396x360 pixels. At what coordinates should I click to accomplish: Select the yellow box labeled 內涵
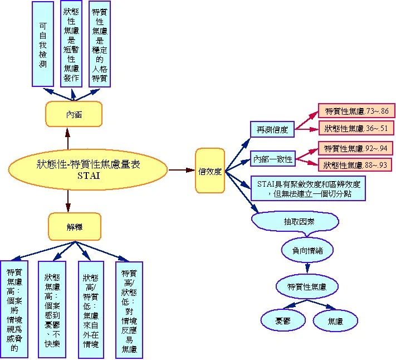pyautogui.click(x=74, y=115)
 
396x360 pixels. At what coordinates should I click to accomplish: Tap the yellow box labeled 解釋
pyautogui.click(x=75, y=227)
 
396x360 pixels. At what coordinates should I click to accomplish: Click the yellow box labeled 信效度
pyautogui.click(x=210, y=171)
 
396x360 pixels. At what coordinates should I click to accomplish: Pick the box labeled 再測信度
pyautogui.click(x=272, y=130)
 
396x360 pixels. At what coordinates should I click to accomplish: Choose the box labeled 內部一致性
pyautogui.click(x=272, y=159)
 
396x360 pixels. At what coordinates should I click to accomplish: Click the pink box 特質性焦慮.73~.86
pyautogui.click(x=356, y=111)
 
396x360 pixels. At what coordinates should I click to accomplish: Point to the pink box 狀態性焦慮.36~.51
pyautogui.click(x=356, y=129)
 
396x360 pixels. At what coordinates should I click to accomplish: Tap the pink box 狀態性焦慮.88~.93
pyautogui.click(x=356, y=164)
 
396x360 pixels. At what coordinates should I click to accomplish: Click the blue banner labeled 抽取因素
pyautogui.click(x=295, y=221)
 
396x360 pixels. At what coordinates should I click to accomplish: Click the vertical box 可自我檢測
pyautogui.click(x=43, y=45)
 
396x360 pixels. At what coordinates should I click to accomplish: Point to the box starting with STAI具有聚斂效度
pyautogui.click(x=308, y=188)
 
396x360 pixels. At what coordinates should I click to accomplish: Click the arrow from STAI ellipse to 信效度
pyautogui.click(x=181, y=169)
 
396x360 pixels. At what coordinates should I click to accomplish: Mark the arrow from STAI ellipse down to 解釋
pyautogui.click(x=67, y=200)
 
